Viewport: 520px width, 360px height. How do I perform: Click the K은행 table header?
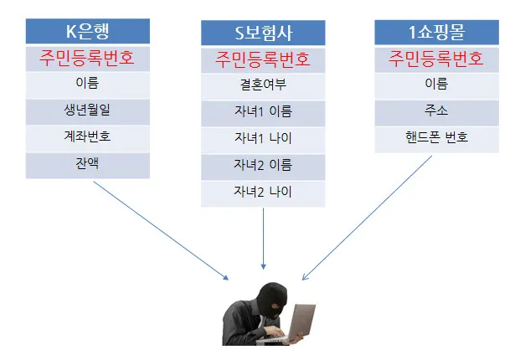(88, 32)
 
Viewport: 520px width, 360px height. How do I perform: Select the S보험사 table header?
(263, 34)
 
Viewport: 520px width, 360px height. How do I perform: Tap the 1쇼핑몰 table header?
(436, 33)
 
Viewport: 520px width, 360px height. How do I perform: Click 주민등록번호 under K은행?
(88, 59)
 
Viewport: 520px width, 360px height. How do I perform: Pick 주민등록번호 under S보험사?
(263, 59)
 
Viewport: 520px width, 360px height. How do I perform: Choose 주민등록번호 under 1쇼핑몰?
(436, 59)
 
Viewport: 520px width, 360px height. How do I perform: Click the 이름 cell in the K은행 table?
(88, 85)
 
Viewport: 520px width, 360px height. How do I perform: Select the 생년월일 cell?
(88, 111)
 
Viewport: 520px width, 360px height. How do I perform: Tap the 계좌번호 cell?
(88, 137)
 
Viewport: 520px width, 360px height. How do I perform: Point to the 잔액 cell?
(88, 164)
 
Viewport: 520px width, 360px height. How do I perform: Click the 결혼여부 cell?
(263, 85)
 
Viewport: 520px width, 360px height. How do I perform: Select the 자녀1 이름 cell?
(263, 111)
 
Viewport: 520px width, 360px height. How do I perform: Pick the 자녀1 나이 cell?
(263, 138)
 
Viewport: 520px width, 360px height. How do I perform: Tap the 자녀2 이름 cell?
(263, 165)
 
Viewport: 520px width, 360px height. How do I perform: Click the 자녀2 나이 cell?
(263, 192)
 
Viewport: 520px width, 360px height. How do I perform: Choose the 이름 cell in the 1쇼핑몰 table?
(436, 85)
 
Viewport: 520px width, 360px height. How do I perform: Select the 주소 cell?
(436, 111)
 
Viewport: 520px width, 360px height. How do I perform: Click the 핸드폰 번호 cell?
(436, 138)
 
